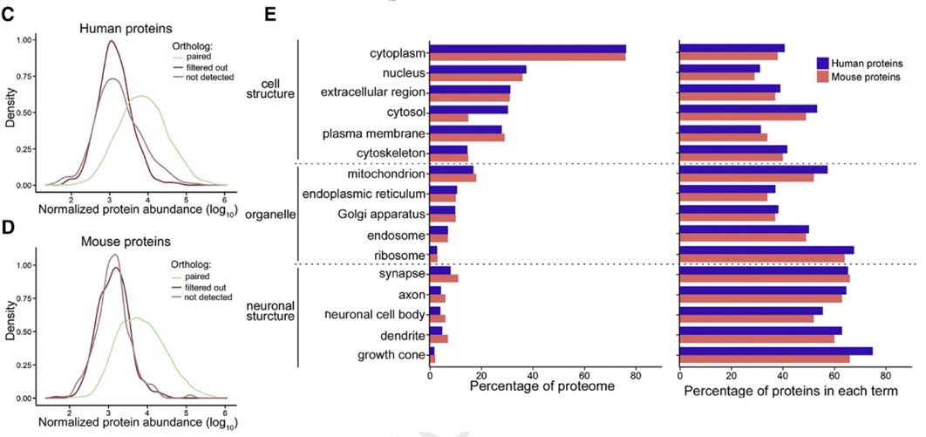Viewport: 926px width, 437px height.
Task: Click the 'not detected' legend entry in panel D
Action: pos(205,297)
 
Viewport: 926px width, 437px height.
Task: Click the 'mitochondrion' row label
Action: pos(383,174)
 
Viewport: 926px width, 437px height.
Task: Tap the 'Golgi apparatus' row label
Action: pos(381,214)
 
